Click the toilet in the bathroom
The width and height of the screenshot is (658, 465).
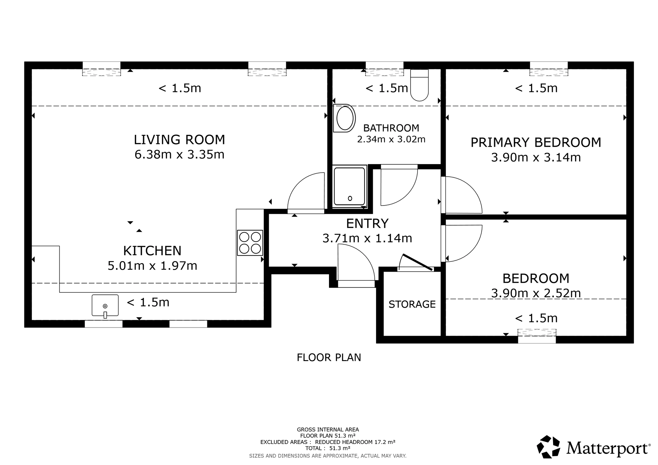click(419, 85)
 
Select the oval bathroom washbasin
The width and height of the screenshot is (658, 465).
click(344, 118)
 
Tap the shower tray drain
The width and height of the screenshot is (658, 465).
click(350, 198)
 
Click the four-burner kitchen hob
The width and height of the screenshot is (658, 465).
click(250, 243)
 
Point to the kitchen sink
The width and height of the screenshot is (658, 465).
click(105, 306)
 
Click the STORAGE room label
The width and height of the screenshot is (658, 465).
click(412, 304)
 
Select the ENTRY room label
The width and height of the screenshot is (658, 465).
click(367, 224)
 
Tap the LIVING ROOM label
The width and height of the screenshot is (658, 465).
click(179, 140)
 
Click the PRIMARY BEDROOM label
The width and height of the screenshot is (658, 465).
click(536, 142)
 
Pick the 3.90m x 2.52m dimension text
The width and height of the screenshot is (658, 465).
click(536, 293)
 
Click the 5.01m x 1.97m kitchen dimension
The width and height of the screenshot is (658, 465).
click(152, 266)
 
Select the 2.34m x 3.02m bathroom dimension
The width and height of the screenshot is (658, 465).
click(391, 139)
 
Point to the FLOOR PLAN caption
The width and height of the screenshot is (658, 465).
click(329, 357)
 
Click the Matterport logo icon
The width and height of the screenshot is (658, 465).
click(548, 447)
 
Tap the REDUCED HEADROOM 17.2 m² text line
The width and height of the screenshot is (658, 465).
click(355, 442)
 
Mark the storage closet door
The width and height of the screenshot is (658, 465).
click(418, 262)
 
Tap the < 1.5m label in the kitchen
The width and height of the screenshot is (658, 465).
click(148, 302)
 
